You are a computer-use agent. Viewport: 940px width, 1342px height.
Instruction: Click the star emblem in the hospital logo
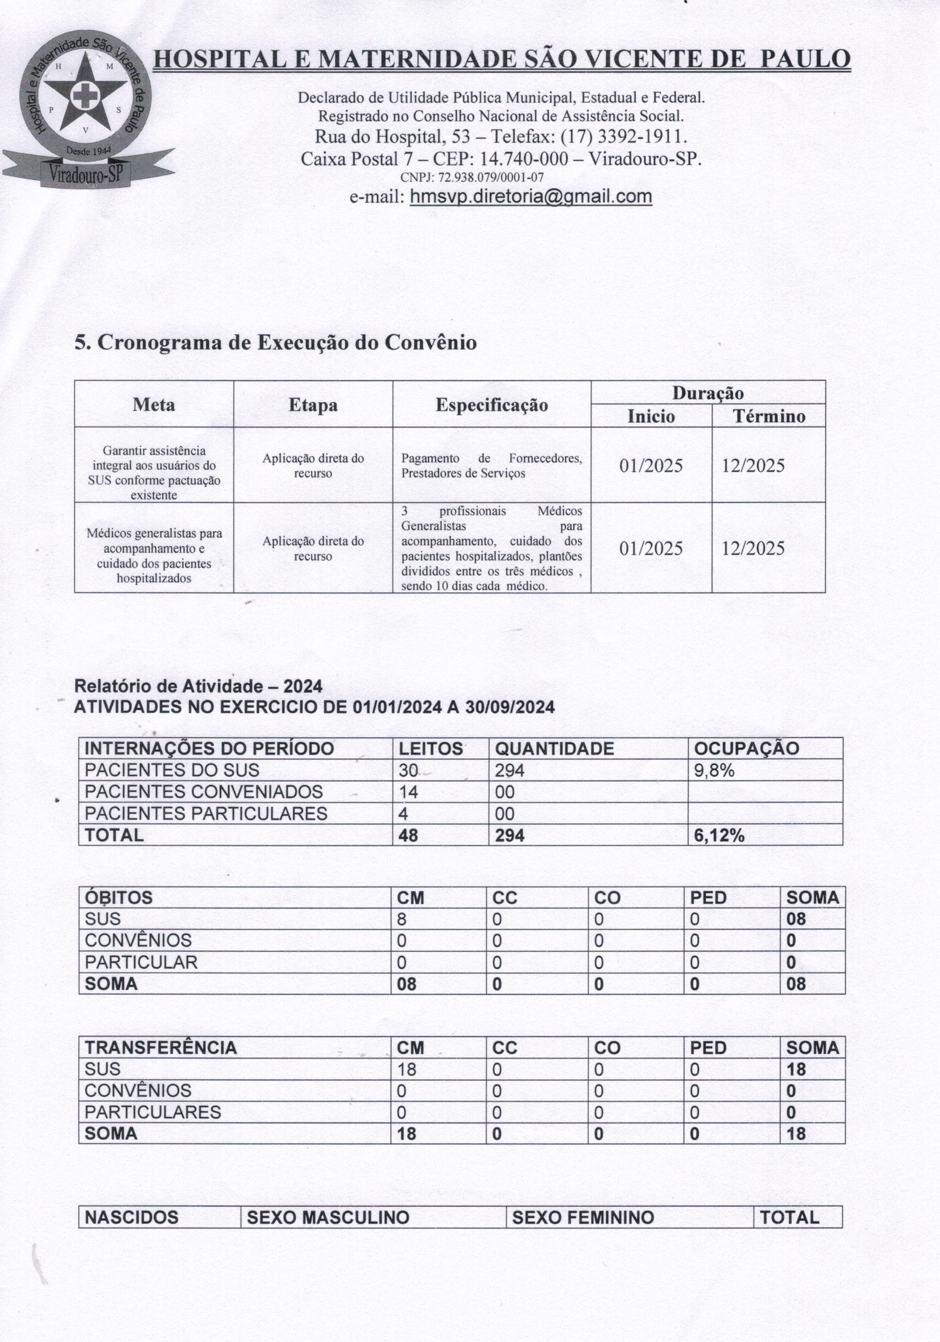[85, 94]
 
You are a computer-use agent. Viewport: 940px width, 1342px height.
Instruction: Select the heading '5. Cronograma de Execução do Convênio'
[275, 342]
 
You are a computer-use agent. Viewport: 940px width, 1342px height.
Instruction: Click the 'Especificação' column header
[491, 405]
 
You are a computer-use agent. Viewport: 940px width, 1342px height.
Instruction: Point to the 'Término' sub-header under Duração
[768, 417]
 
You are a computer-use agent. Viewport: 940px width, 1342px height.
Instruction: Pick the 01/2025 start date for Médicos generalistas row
[651, 548]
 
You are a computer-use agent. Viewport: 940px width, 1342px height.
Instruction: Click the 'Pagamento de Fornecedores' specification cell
[491, 466]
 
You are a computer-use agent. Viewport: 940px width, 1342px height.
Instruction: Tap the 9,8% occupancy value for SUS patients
[714, 771]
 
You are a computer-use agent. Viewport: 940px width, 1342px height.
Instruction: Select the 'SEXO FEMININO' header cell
[583, 1217]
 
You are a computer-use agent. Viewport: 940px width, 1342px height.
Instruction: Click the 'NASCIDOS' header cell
[131, 1217]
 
